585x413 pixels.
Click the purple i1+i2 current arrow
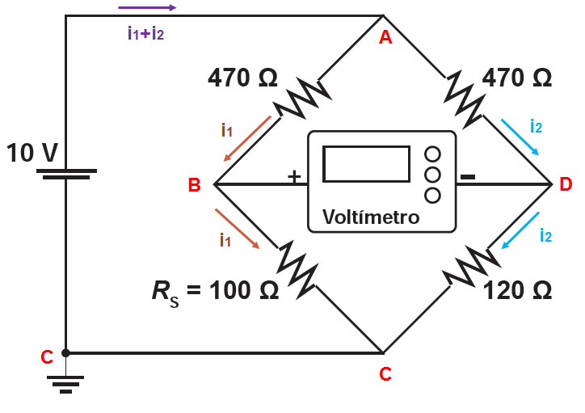pyautogui.click(x=146, y=8)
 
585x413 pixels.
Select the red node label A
pyautogui.click(x=385, y=37)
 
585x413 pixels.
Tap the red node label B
pyautogui.click(x=194, y=185)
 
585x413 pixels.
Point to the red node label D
pyautogui.click(x=566, y=184)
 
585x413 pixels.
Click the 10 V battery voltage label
pyautogui.click(x=32, y=152)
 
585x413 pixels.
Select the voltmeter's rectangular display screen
pyautogui.click(x=366, y=163)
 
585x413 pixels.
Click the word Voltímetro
pyautogui.click(x=371, y=217)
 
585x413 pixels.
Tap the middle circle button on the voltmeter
pyautogui.click(x=432, y=174)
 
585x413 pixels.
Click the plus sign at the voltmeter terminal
pyautogui.click(x=294, y=175)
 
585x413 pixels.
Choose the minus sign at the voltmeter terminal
pyautogui.click(x=467, y=175)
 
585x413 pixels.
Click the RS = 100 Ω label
pyautogui.click(x=215, y=290)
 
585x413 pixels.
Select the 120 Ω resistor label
pyautogui.click(x=517, y=290)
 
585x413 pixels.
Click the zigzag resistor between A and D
pyautogui.click(x=465, y=99)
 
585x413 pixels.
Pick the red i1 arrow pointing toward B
pyautogui.click(x=248, y=137)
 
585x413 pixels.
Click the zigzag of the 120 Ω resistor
pyautogui.click(x=467, y=267)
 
